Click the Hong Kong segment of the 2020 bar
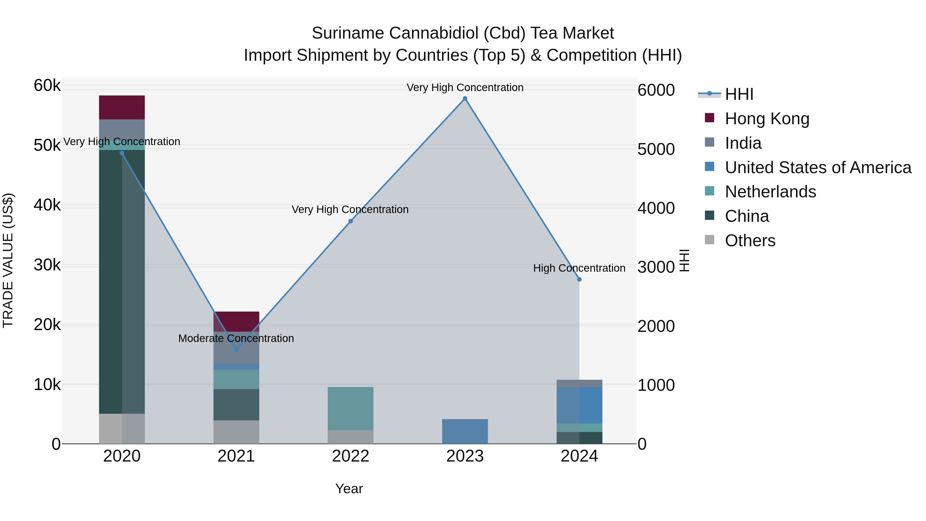122,107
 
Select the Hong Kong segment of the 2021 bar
236,321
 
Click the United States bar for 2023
465,431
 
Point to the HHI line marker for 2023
465,99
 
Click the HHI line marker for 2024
579,279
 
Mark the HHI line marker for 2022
351,221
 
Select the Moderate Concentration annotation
236,338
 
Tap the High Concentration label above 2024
579,268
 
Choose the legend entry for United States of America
818,167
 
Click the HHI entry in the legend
739,94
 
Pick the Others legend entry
750,241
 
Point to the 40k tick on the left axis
47,205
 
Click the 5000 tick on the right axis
656,149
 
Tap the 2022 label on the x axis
351,456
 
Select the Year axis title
349,489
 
